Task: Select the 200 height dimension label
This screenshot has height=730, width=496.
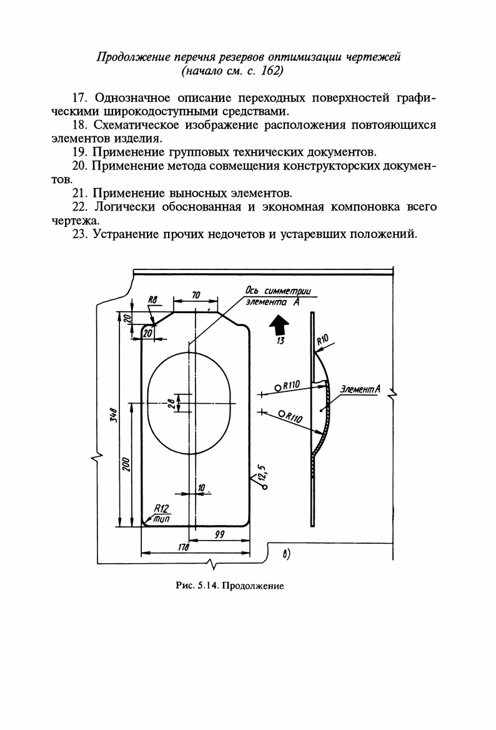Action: click(x=126, y=465)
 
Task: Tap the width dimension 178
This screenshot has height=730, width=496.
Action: click(x=183, y=548)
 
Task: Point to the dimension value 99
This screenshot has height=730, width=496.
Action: click(x=219, y=534)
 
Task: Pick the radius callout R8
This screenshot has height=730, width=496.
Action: click(x=151, y=301)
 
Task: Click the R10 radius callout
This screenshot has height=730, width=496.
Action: click(x=322, y=341)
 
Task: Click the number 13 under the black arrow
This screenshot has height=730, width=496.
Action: click(x=280, y=341)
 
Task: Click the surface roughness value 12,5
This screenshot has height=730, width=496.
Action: click(x=263, y=469)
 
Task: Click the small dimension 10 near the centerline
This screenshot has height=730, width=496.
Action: click(x=201, y=487)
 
